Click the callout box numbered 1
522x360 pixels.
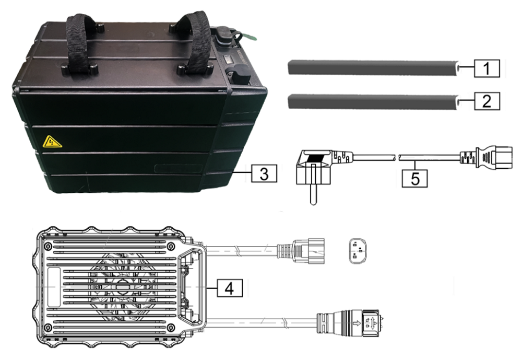click(x=487, y=68)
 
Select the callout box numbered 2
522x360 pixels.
click(x=487, y=101)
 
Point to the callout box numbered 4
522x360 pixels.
click(x=230, y=288)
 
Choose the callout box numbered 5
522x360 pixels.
click(x=415, y=178)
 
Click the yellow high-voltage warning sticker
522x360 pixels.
click(x=51, y=142)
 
